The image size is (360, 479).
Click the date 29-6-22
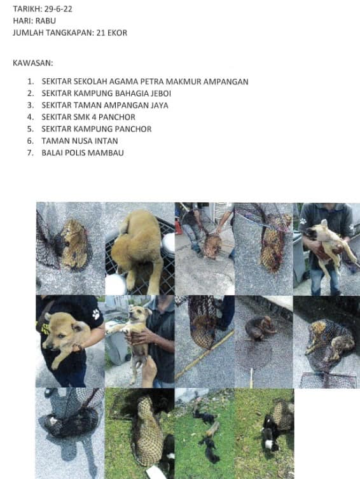click(58, 9)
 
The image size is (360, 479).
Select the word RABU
click(46, 21)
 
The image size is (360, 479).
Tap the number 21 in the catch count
click(100, 32)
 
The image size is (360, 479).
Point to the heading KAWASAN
click(32, 63)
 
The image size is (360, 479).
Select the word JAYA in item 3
click(159, 105)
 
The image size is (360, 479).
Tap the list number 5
click(31, 129)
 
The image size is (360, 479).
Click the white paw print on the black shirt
click(96, 314)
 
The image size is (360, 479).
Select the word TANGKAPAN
click(69, 32)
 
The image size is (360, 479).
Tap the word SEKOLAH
click(90, 81)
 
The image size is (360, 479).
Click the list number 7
click(31, 153)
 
